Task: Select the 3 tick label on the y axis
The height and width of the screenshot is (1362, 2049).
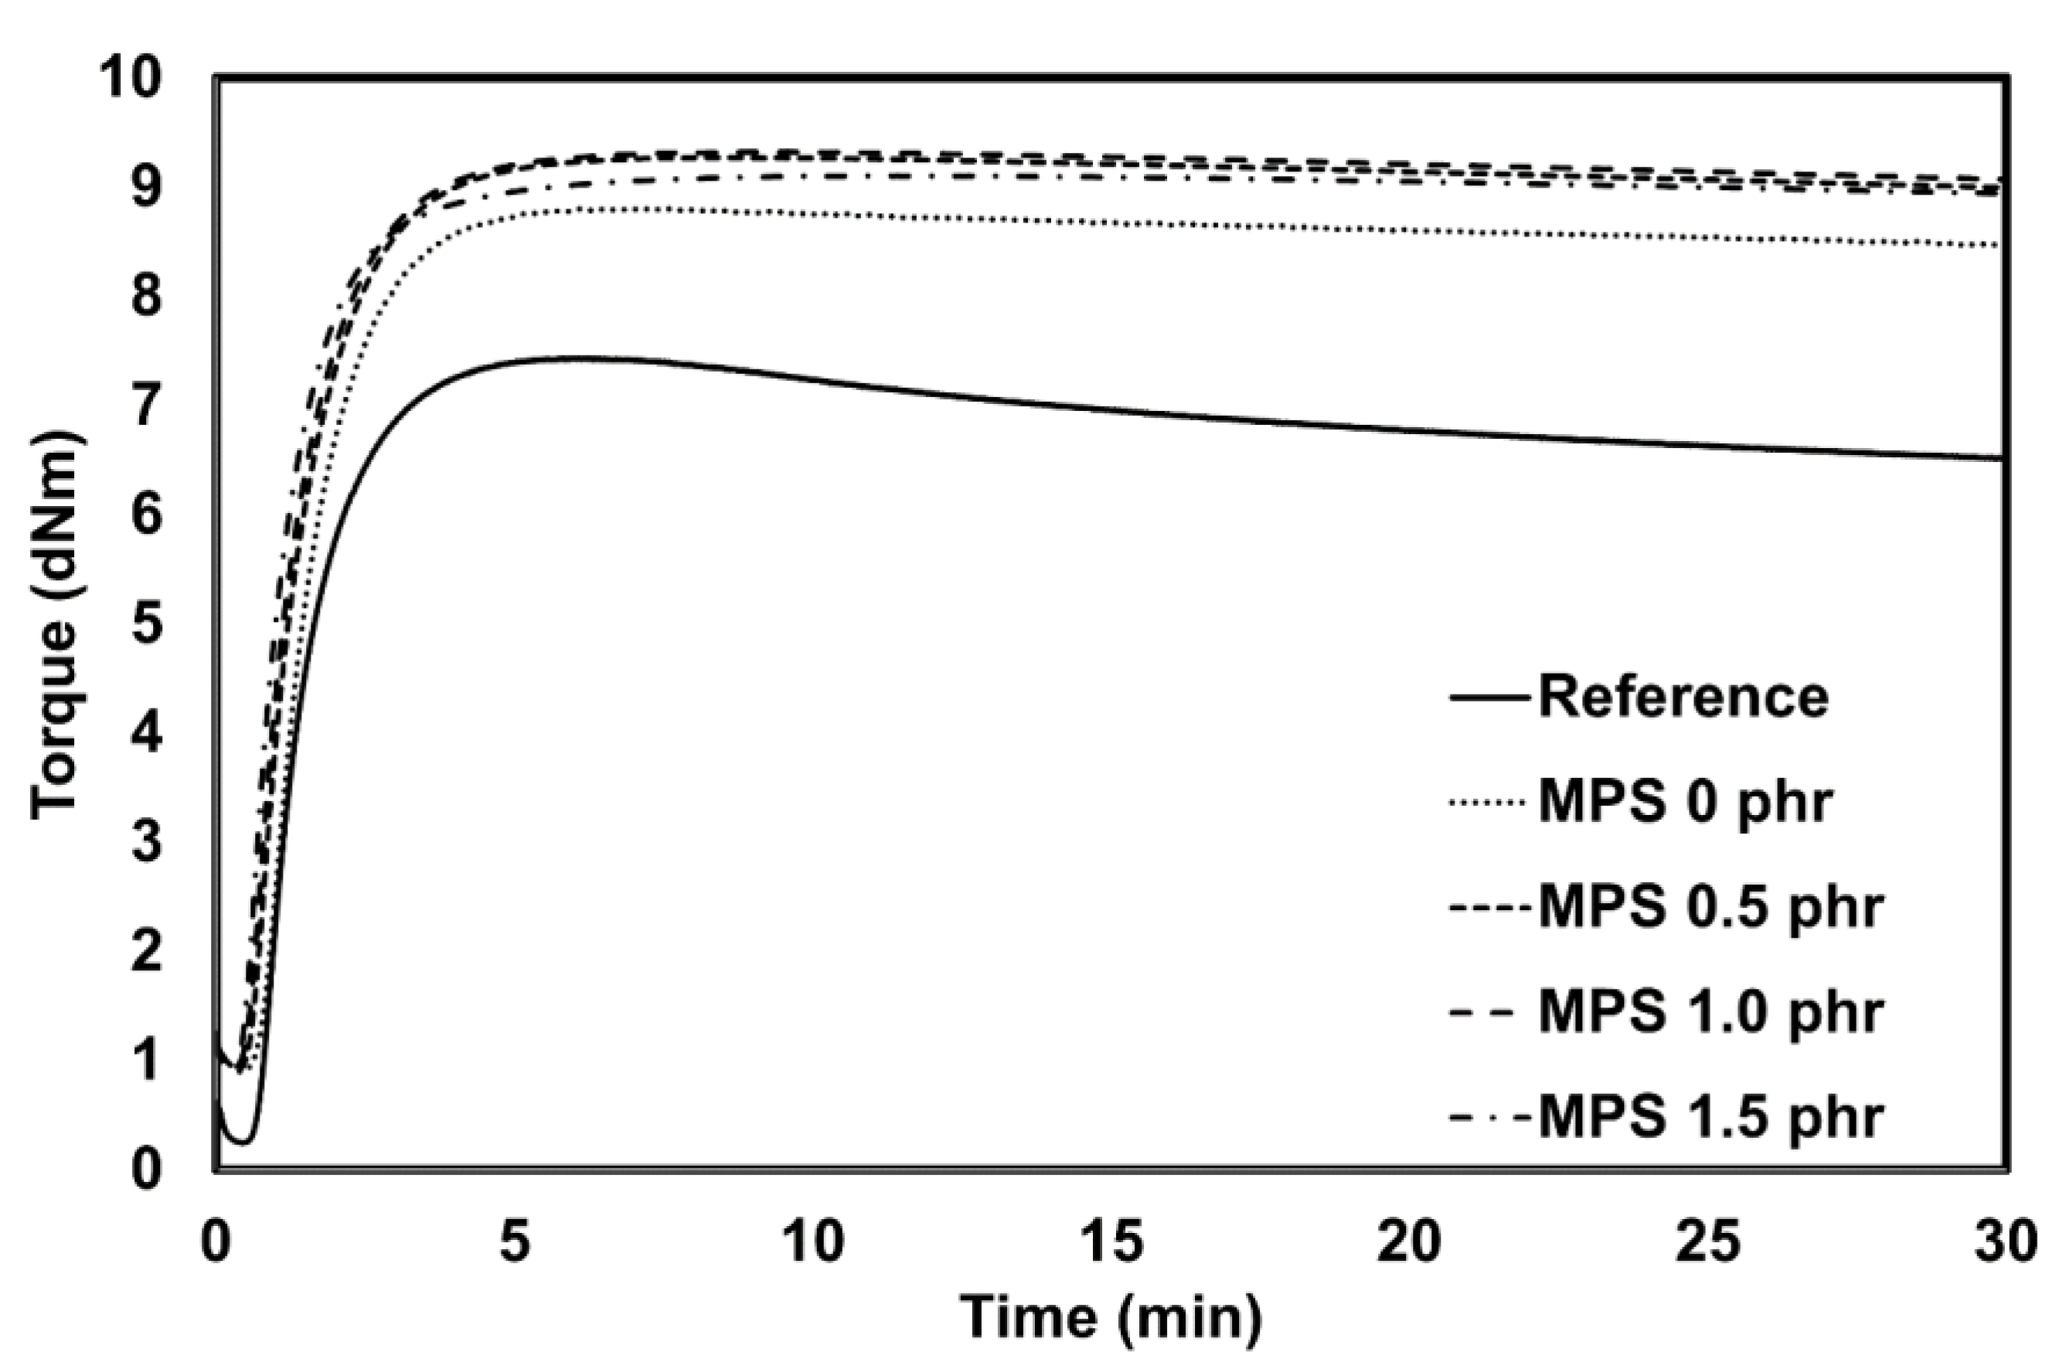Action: (147, 844)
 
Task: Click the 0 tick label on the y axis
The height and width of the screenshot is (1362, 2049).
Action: (147, 1171)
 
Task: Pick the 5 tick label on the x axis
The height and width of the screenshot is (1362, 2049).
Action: (515, 1242)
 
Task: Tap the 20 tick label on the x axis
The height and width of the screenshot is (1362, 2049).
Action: (1412, 1242)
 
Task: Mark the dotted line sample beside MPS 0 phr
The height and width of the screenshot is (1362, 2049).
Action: (1489, 803)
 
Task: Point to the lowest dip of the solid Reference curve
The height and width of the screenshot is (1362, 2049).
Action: (244, 1140)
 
